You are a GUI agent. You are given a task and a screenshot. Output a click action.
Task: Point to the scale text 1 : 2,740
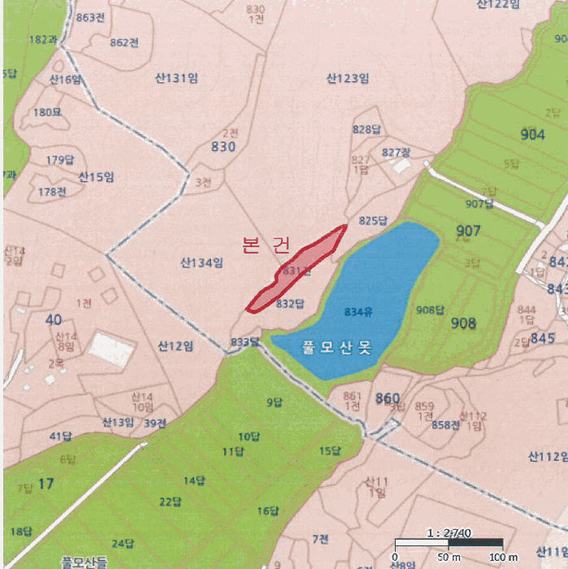point(449,533)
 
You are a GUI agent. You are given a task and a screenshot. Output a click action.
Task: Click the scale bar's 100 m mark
point(501,557)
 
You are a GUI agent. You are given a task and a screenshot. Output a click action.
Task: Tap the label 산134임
point(202,263)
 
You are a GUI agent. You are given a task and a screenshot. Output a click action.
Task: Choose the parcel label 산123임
point(348,79)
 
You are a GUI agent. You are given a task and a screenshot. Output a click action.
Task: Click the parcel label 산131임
point(176,78)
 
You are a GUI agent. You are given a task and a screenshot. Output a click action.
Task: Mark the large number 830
point(223,147)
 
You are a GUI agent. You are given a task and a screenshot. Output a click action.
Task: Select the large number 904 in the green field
point(532,135)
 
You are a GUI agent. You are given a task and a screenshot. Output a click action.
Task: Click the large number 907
point(468,231)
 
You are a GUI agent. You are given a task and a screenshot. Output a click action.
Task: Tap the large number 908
point(462,324)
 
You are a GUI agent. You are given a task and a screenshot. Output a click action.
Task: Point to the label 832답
point(289,304)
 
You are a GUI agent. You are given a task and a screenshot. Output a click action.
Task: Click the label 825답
point(373,220)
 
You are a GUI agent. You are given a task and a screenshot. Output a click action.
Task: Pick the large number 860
point(388,397)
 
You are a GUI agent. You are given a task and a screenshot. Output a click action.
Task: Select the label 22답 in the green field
point(170,501)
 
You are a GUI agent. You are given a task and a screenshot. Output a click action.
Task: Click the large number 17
point(46,484)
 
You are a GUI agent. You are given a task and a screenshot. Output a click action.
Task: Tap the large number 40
point(54,319)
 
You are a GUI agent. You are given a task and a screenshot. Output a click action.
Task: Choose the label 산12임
point(176,346)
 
